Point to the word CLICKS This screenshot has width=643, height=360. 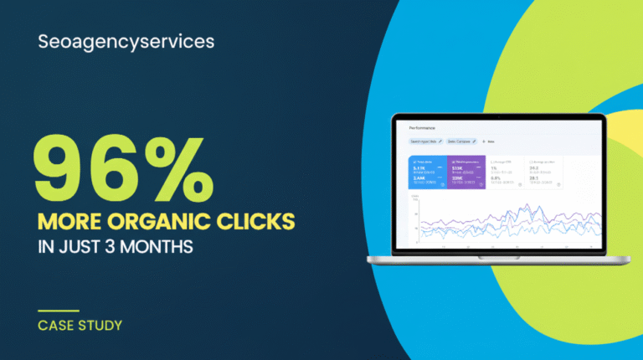(x=255, y=222)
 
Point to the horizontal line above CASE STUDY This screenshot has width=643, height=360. (x=59, y=309)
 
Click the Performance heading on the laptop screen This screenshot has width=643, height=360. (x=422, y=128)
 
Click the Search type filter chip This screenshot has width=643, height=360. (x=425, y=141)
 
